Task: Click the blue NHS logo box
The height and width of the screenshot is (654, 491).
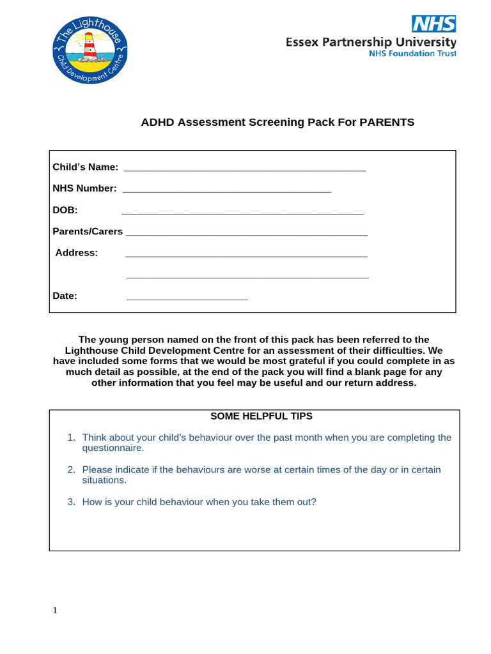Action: (433, 24)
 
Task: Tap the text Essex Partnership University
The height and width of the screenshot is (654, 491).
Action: (371, 43)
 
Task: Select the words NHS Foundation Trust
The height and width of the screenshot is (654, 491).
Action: (413, 54)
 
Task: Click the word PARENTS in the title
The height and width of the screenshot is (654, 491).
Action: (387, 122)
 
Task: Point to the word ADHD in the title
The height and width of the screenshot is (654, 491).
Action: (157, 122)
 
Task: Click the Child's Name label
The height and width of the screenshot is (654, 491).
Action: (85, 167)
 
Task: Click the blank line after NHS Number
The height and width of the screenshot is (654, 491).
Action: (226, 190)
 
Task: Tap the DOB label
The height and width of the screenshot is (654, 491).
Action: (65, 210)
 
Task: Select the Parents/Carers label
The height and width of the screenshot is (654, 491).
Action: (88, 231)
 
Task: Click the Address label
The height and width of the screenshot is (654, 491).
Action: (77, 252)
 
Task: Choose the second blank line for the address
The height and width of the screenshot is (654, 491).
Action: (247, 277)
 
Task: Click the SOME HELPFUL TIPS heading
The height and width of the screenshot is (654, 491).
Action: (261, 416)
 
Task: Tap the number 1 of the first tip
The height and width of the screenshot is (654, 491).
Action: (71, 437)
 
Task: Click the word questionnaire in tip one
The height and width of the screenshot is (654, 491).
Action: (113, 448)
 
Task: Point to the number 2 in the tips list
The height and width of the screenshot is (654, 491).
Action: (71, 469)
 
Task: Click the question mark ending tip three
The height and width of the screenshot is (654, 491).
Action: (314, 502)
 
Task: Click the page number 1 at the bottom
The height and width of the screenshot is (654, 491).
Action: (55, 611)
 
